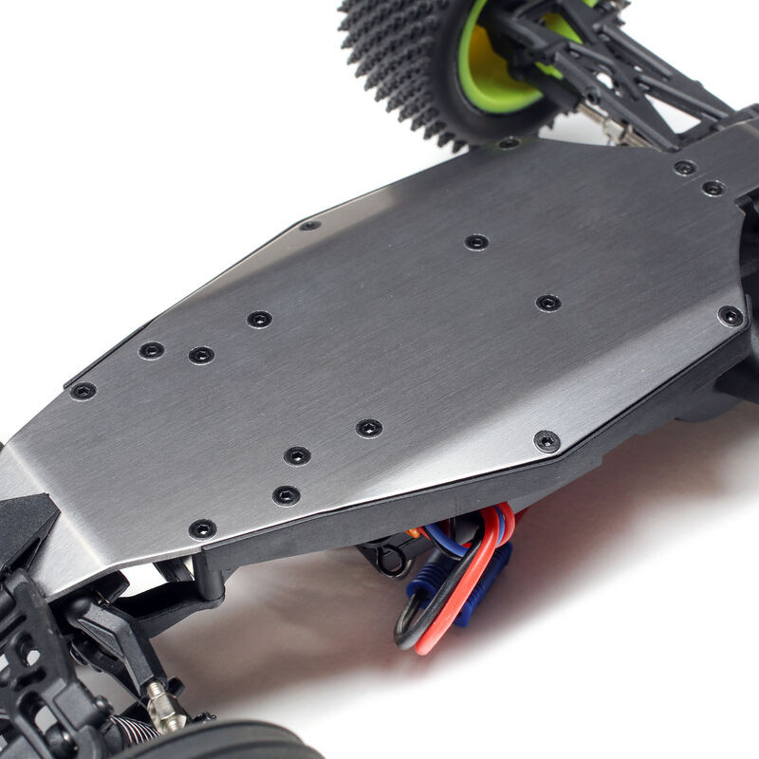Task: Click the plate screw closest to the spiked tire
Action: tap(509, 143)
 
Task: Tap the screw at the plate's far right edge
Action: tap(731, 315)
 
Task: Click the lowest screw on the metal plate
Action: tap(202, 528)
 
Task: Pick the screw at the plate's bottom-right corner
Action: tap(546, 440)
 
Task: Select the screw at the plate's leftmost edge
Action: tap(83, 390)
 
